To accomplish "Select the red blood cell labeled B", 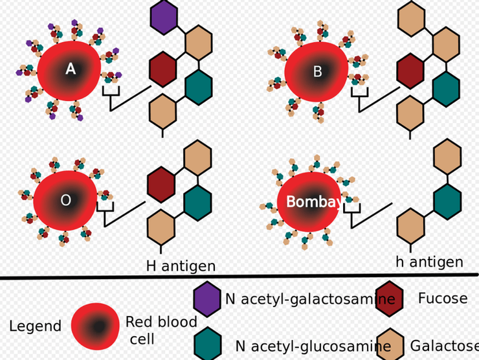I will click(317, 72).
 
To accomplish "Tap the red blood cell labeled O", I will click(65, 201).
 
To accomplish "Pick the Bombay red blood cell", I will click(308, 202).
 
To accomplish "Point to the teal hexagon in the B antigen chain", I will click(446, 89).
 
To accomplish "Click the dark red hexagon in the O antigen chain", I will click(161, 184).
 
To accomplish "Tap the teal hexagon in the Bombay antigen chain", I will click(447, 201).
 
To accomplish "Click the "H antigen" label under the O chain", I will click(181, 265).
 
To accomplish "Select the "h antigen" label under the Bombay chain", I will click(429, 262).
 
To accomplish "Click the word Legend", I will click(36, 326).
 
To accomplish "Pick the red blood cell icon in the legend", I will click(95, 326).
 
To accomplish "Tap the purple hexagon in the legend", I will click(207, 299).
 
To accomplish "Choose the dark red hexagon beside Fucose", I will click(391, 298).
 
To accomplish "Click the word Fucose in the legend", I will click(442, 298).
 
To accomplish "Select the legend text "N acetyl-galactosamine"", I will click(309, 299).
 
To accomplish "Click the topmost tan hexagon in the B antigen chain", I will click(410, 17).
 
